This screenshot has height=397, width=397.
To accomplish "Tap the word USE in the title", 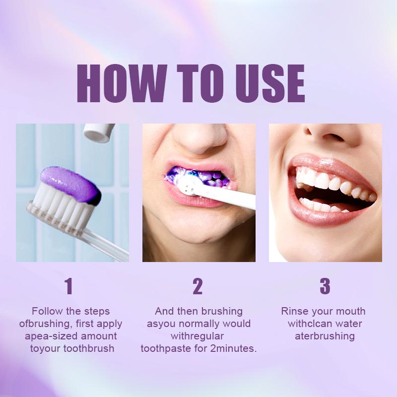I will pos(266,83).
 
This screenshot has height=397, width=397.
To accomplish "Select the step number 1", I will pos(69,287).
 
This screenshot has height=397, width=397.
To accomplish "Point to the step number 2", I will pos(198,287).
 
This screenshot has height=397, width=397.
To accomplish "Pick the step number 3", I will pos(325,287).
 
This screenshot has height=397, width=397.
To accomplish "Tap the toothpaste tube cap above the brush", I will pos(98,132).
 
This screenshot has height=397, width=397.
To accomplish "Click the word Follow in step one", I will pos(48,312).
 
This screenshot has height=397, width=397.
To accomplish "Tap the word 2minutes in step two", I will pos(231,348).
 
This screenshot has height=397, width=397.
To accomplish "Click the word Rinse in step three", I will pos(296,312).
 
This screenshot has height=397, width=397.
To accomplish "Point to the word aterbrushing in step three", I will pos(325,336).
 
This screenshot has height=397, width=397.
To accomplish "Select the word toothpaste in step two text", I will pos(165,348).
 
